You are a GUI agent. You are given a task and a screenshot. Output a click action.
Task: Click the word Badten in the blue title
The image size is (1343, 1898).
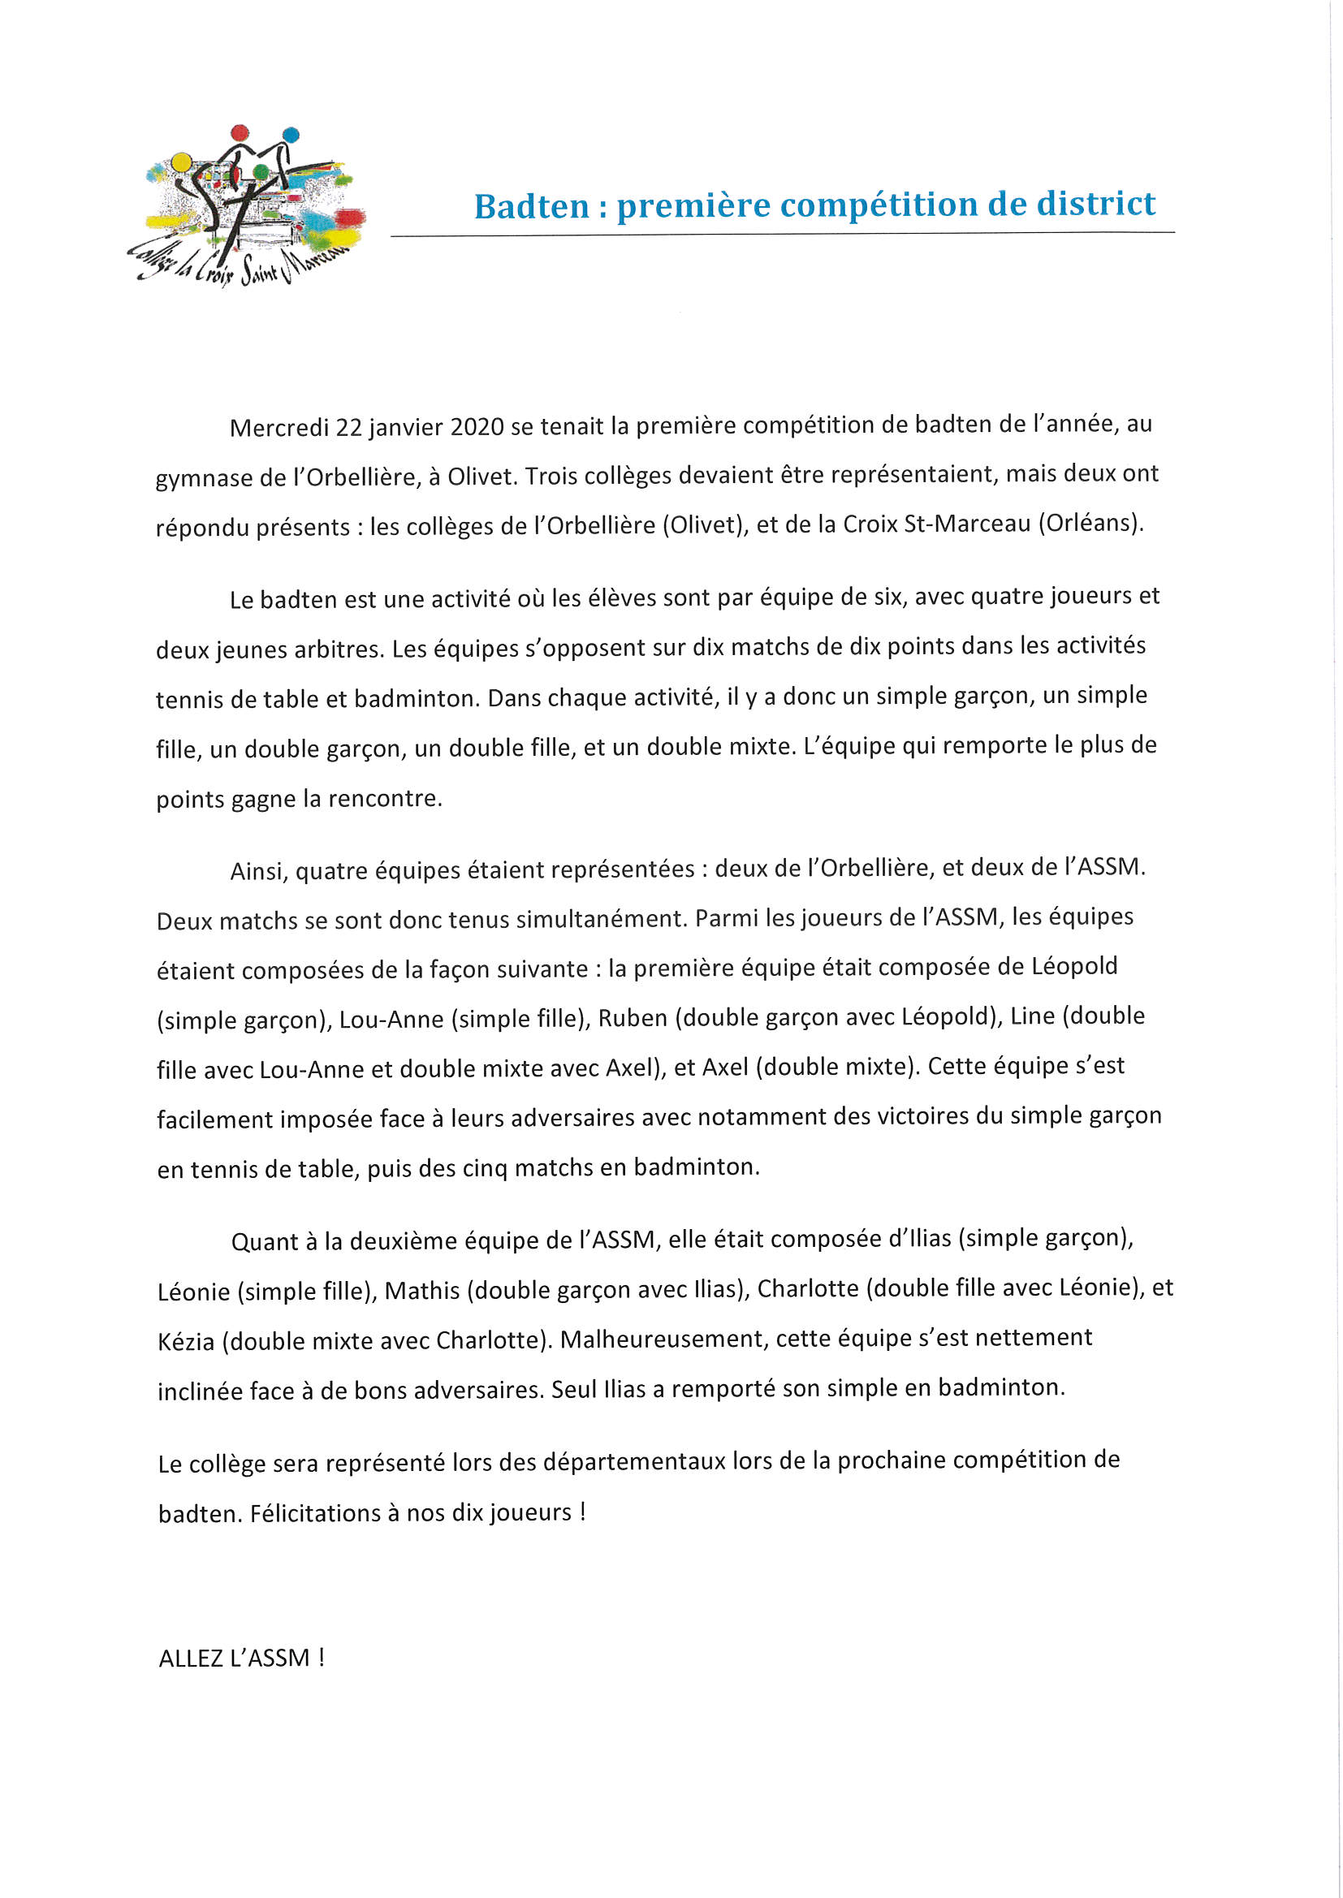(531, 206)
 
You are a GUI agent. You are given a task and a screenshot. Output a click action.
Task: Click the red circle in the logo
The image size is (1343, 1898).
(240, 132)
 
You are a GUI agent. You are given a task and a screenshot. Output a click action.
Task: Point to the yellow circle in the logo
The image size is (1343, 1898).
(181, 162)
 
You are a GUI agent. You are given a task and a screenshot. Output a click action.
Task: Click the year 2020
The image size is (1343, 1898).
(477, 426)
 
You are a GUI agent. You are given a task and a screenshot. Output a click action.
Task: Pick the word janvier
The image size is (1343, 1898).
(405, 427)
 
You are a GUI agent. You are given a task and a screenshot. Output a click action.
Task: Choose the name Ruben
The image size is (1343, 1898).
(633, 1019)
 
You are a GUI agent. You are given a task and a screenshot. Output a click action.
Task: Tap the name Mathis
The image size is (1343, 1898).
(421, 1291)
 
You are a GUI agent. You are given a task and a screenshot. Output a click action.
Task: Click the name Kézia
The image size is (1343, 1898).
(186, 1341)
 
